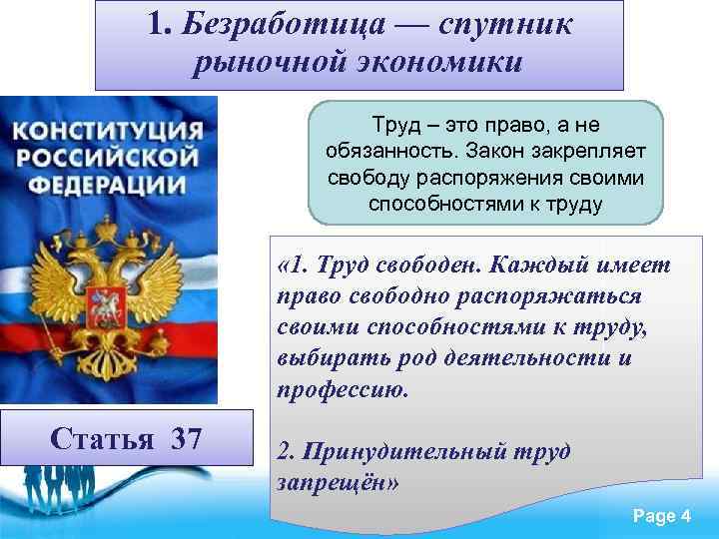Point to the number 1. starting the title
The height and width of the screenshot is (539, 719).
162,25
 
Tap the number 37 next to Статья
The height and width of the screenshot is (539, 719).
187,438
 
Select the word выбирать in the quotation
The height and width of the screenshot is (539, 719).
328,358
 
